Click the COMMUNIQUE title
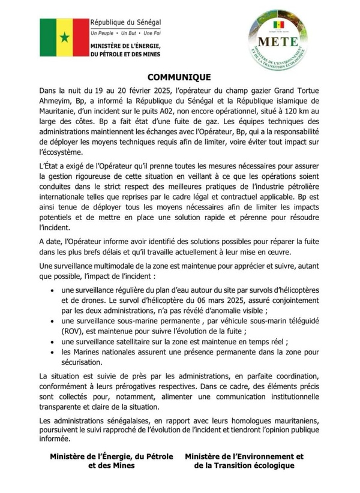pos(179,77)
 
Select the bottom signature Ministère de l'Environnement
pos(245,457)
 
